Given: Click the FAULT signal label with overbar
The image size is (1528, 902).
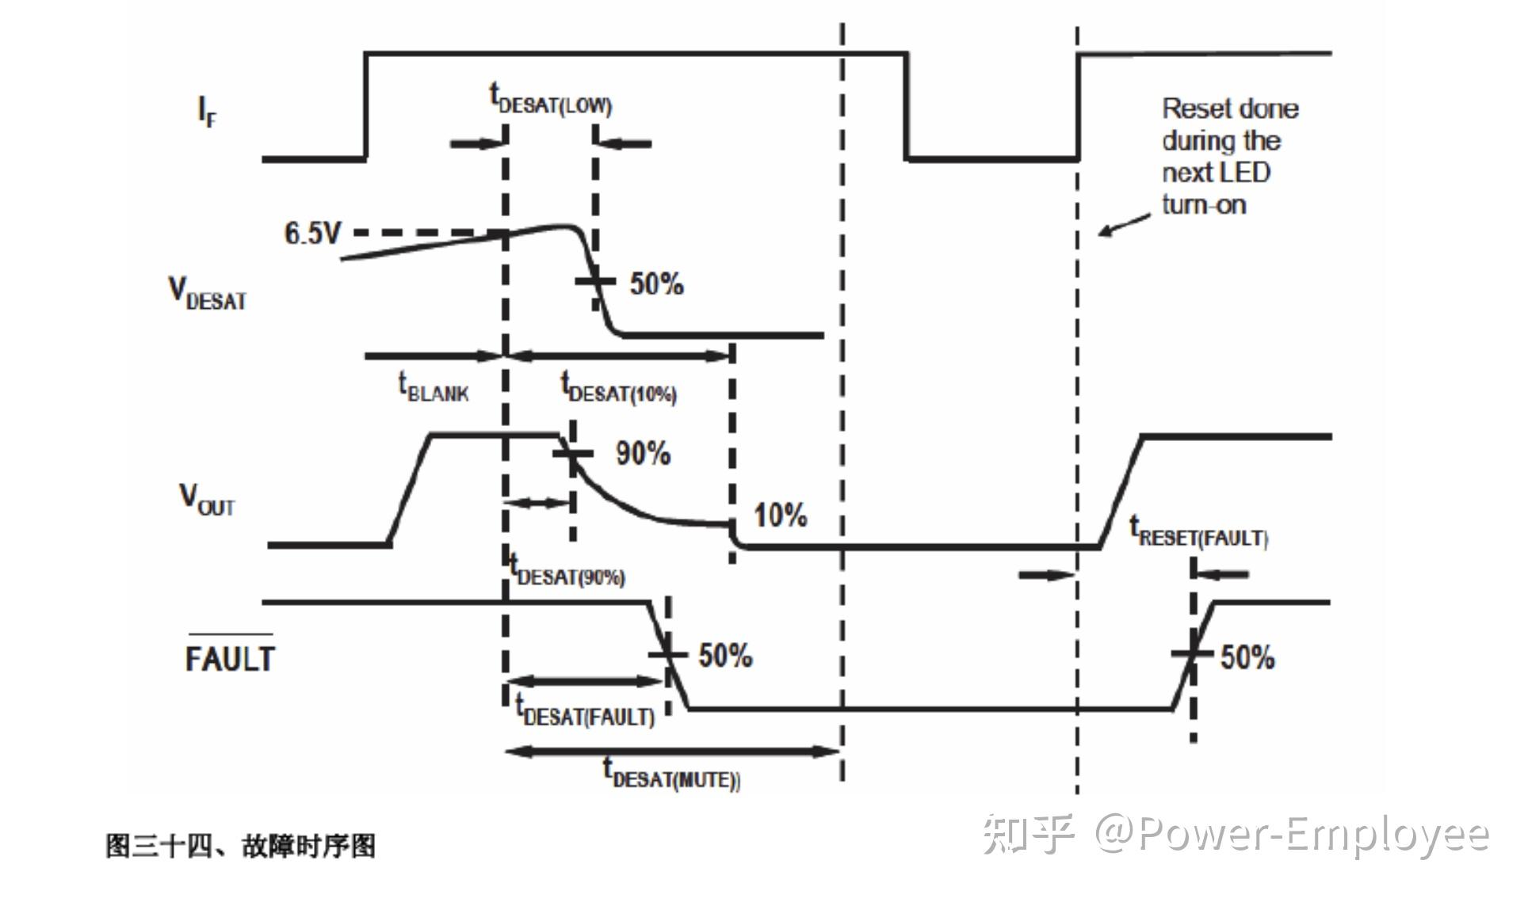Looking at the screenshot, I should click(230, 657).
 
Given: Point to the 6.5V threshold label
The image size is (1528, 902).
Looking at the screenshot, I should click(312, 234).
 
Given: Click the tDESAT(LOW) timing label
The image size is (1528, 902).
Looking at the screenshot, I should click(551, 101).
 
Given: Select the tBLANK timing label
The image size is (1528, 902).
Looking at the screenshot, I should click(433, 388).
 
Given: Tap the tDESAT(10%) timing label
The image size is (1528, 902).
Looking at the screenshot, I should click(618, 388).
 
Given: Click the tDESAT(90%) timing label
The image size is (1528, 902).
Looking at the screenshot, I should click(567, 571).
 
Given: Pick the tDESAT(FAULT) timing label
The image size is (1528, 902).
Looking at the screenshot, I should click(585, 711).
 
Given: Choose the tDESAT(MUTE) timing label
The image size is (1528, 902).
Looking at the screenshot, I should click(672, 774).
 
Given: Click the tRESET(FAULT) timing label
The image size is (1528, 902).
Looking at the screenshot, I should click(1199, 532).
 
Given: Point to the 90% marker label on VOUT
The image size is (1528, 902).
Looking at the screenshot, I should click(643, 454).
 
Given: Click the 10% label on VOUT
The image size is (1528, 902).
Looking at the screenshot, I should click(780, 516).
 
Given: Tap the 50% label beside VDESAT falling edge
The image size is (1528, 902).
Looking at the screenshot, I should click(656, 284).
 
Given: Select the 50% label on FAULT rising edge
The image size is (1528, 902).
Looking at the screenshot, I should click(1247, 657).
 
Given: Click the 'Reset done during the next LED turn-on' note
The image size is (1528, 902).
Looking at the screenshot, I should click(1228, 156).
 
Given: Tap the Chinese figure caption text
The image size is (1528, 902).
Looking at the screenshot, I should click(241, 846).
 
